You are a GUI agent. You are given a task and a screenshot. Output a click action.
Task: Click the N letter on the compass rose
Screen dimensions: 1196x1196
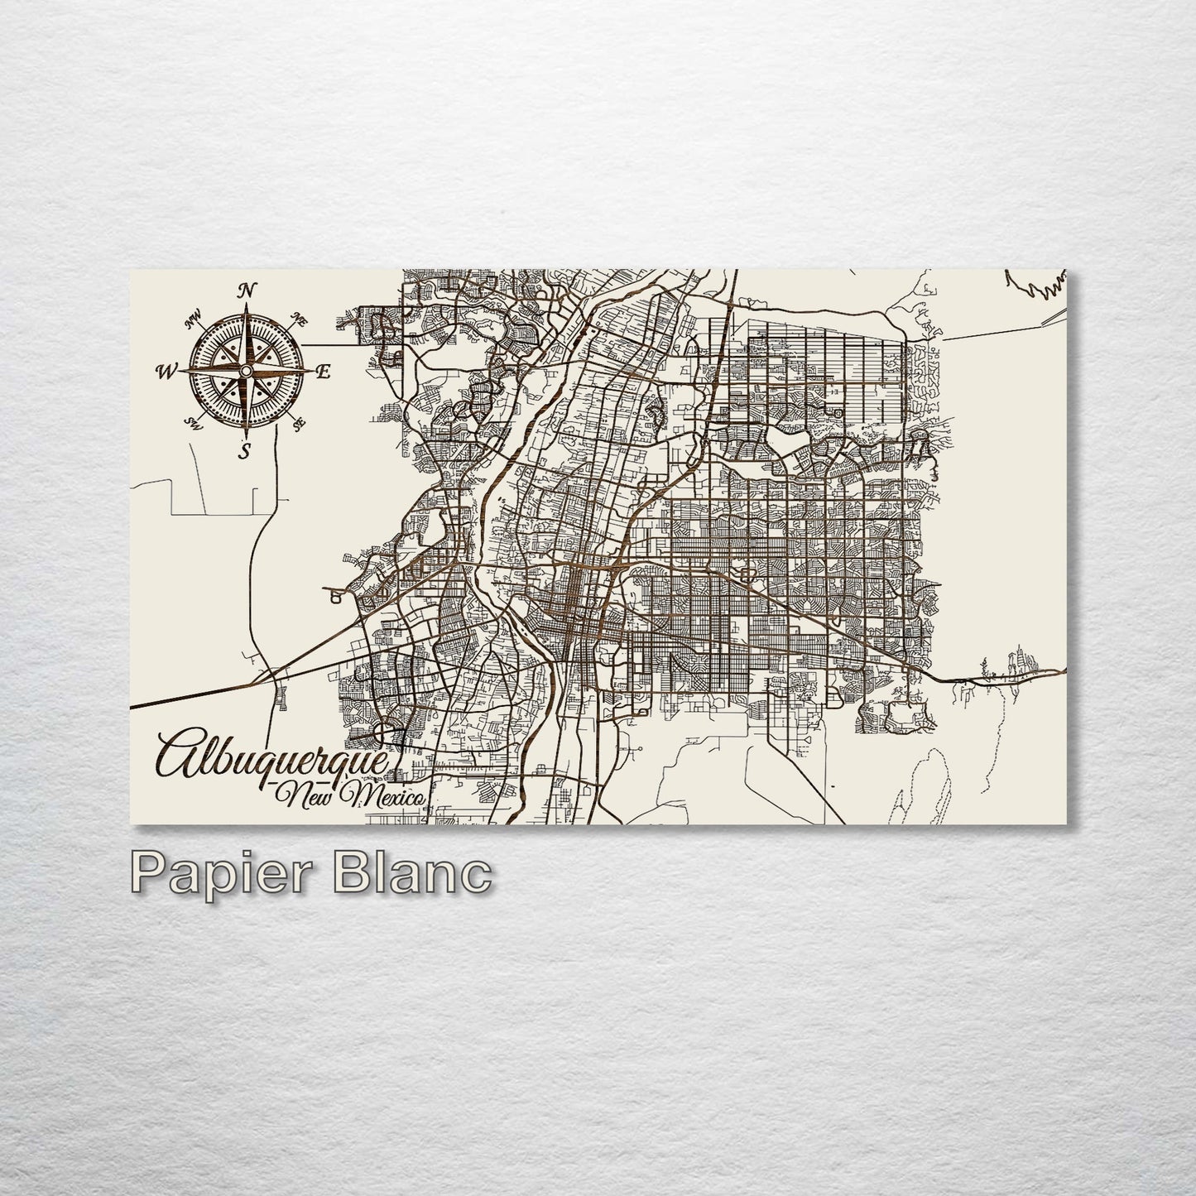[246, 290]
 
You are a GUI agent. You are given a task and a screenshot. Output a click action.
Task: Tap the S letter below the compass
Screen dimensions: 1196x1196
[243, 450]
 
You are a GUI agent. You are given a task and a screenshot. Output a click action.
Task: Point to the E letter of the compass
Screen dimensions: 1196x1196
[323, 372]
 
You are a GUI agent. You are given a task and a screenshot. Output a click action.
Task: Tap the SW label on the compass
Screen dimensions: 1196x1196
[194, 425]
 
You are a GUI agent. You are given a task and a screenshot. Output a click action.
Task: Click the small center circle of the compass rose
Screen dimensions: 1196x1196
[246, 371]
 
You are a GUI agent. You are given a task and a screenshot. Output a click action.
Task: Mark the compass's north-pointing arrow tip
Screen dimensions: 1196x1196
[246, 304]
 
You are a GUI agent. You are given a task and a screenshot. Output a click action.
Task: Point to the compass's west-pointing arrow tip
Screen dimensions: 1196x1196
[177, 372]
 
